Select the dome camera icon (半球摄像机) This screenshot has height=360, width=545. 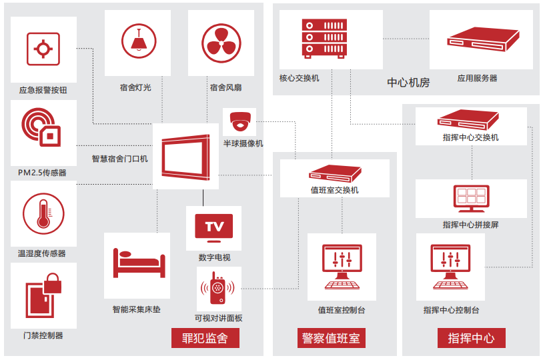[241, 122]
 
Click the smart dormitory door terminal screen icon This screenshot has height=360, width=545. [185, 156]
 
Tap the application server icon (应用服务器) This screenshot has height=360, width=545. [482, 40]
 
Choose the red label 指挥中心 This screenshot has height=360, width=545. [472, 338]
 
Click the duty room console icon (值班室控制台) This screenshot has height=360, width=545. [342, 267]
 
